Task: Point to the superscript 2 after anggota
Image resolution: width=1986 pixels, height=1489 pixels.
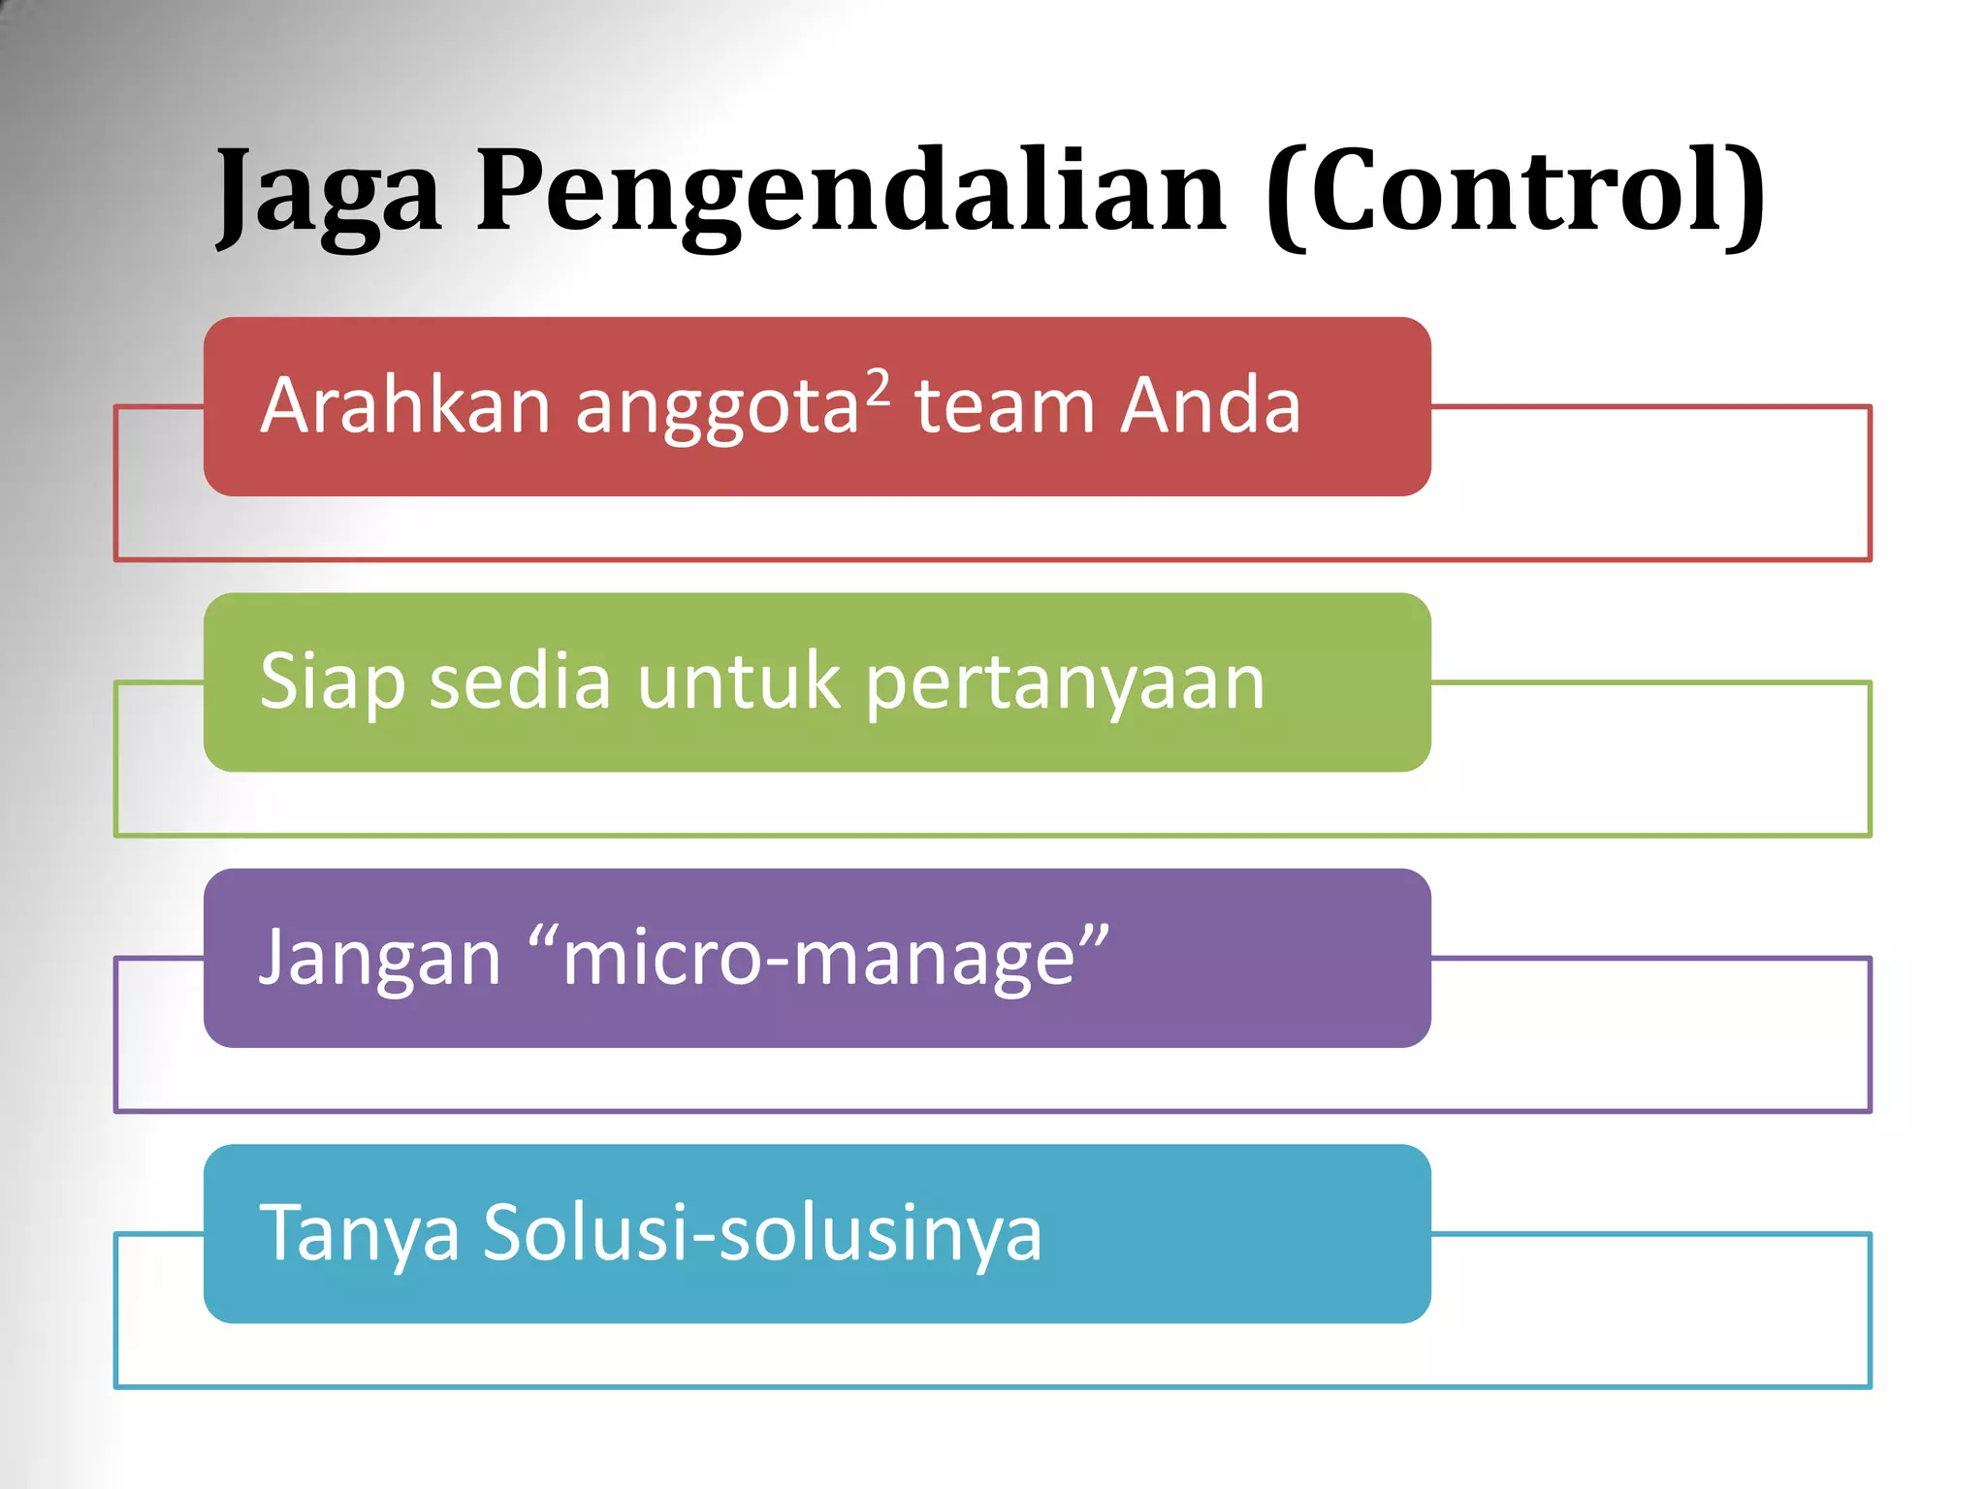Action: [877, 387]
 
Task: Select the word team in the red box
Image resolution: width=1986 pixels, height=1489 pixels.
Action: [1004, 405]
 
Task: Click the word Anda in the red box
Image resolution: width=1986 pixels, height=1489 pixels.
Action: [1209, 405]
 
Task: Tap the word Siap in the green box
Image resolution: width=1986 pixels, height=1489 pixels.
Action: [332, 681]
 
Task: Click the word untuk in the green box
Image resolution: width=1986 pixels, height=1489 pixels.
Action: [738, 681]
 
